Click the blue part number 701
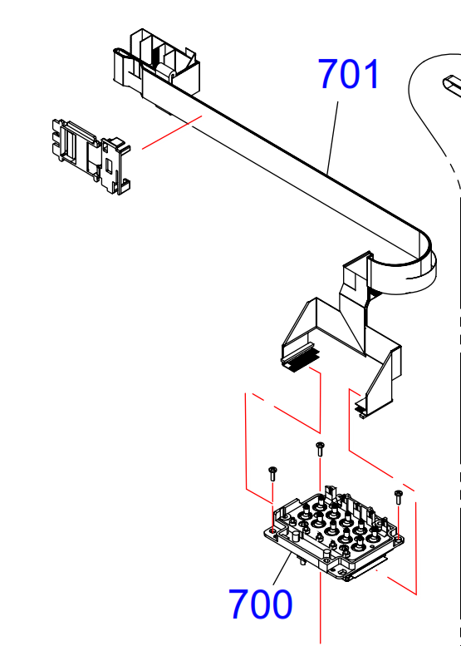tap(349, 74)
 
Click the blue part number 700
tap(260, 604)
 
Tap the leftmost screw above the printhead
tap(272, 474)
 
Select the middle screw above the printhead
tap(320, 449)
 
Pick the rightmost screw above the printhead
tap(398, 497)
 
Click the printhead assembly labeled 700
tap(333, 533)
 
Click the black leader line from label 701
tap(332, 138)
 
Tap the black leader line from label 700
tap(282, 569)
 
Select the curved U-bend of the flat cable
tap(426, 264)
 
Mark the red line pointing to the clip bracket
tap(172, 132)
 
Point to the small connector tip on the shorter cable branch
tap(361, 409)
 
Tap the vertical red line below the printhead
tap(321, 608)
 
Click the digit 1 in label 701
tap(372, 74)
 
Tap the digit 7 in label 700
tap(238, 604)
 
